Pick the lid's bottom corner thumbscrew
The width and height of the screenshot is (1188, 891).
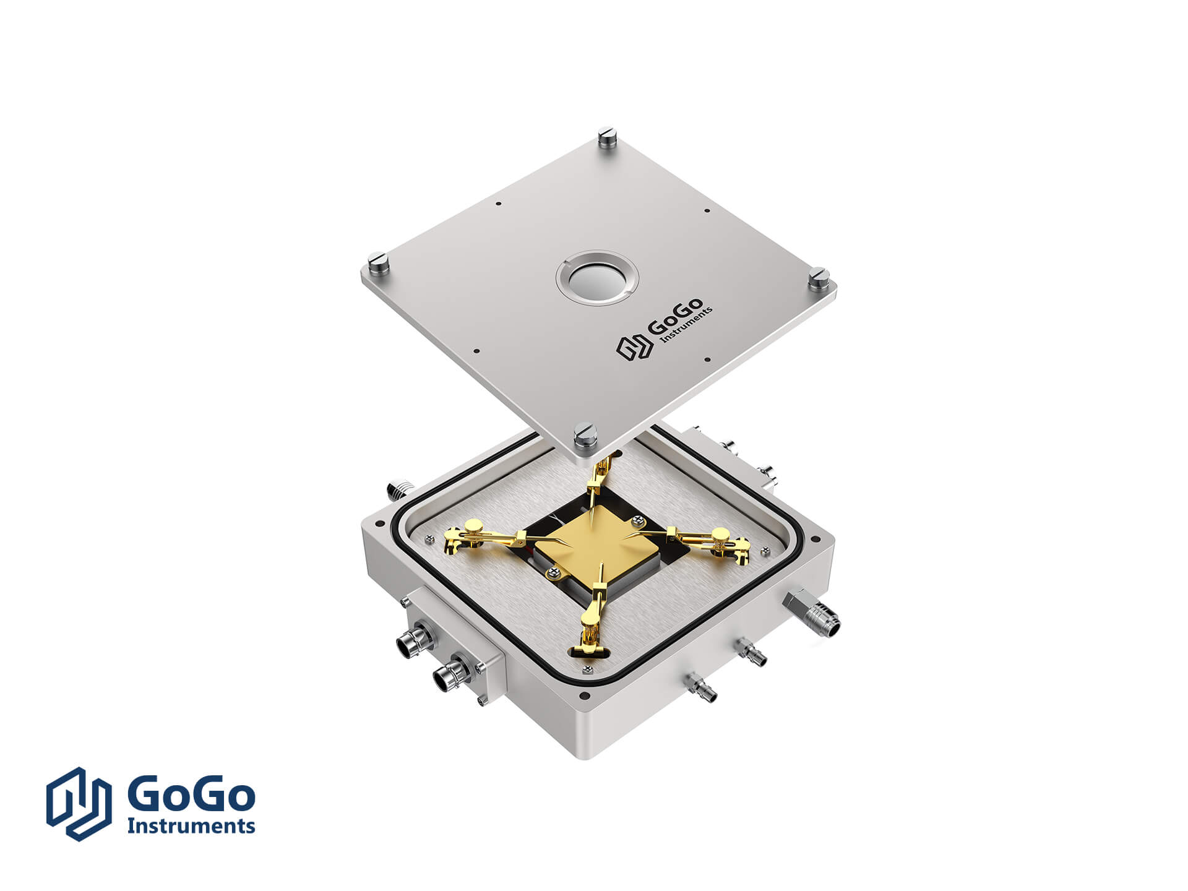click(585, 435)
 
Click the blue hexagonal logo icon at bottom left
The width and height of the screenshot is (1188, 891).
click(79, 804)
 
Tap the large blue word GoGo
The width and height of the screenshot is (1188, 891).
click(191, 795)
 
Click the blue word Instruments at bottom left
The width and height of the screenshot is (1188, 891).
click(191, 825)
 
